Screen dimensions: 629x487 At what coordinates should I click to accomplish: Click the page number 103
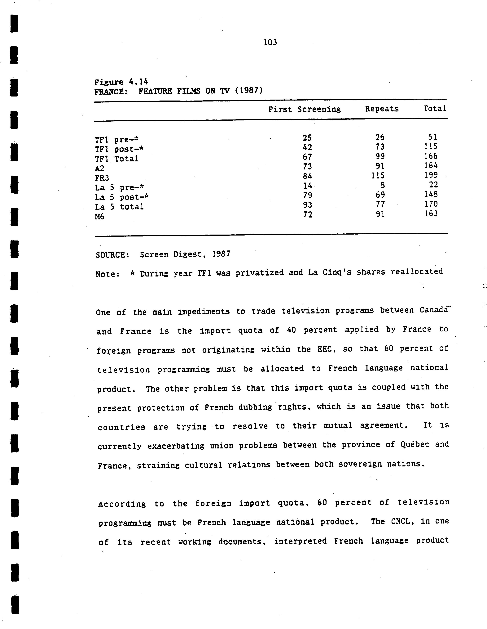(x=270, y=43)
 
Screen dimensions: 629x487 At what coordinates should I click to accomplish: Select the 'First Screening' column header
(x=304, y=110)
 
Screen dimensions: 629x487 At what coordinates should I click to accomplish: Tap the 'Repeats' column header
(x=382, y=109)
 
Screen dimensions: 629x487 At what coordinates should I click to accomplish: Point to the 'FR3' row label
(x=102, y=178)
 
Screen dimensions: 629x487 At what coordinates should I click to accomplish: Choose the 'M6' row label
(x=99, y=217)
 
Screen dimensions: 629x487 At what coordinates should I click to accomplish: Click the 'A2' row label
(x=99, y=168)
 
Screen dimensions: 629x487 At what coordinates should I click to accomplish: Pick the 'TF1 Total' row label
(x=116, y=159)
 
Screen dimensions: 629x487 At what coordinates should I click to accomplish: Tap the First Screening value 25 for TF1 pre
(x=307, y=138)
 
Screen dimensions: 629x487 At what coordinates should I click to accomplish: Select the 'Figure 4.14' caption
(x=121, y=82)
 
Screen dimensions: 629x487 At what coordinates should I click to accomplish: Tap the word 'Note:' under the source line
(x=107, y=274)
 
